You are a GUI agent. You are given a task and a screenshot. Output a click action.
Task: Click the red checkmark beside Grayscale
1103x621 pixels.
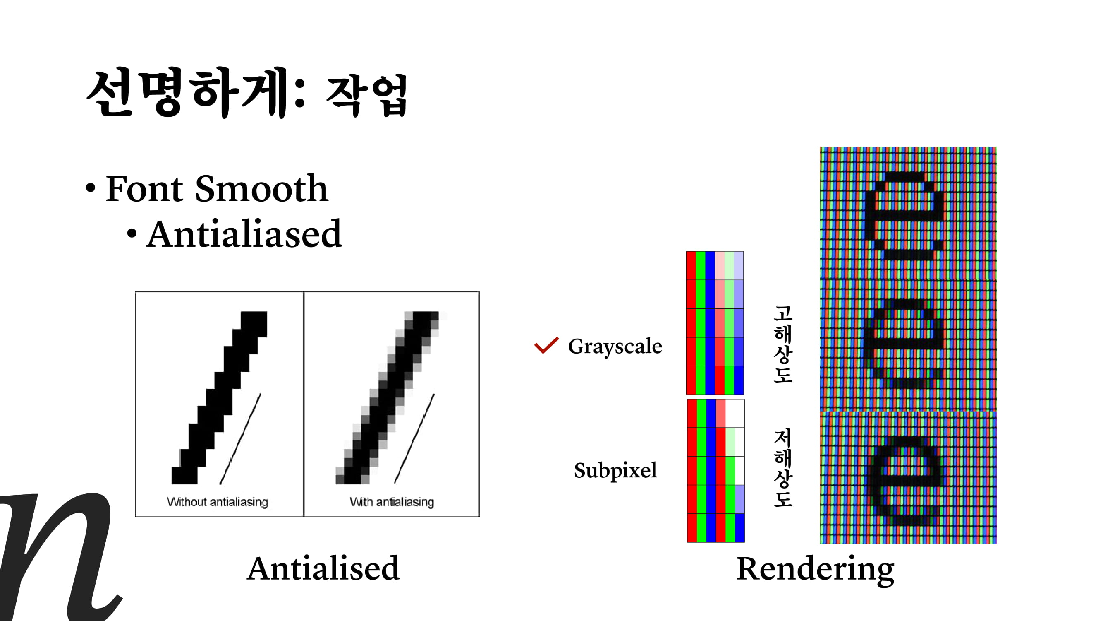546,345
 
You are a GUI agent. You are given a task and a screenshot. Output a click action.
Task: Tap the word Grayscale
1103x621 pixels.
615,347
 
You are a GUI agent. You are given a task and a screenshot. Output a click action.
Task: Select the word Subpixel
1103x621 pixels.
615,471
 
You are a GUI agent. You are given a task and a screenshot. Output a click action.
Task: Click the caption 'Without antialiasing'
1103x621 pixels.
218,502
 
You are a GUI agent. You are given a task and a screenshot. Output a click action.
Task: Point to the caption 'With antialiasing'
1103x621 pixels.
392,502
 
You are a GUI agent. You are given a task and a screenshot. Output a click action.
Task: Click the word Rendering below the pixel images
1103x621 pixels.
815,569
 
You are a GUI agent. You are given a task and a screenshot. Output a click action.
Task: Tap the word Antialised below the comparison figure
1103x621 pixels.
323,569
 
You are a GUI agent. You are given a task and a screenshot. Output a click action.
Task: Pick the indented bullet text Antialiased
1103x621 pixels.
244,234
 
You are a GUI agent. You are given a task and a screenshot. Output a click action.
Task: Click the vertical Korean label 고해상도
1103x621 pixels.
783,344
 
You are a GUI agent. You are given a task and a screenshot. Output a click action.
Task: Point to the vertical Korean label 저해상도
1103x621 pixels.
783,468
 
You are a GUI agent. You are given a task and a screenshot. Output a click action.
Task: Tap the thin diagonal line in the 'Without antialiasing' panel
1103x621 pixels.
240,439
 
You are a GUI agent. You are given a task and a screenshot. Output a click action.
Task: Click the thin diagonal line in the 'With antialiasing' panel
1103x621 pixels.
414,439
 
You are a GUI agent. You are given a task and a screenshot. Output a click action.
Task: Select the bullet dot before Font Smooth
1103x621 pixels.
90,188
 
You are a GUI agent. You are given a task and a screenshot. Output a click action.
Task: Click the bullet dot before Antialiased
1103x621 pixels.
132,233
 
